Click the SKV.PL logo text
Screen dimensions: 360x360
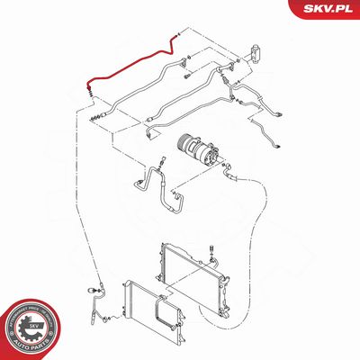click(327, 10)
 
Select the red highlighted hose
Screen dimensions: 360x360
click(126, 65)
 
